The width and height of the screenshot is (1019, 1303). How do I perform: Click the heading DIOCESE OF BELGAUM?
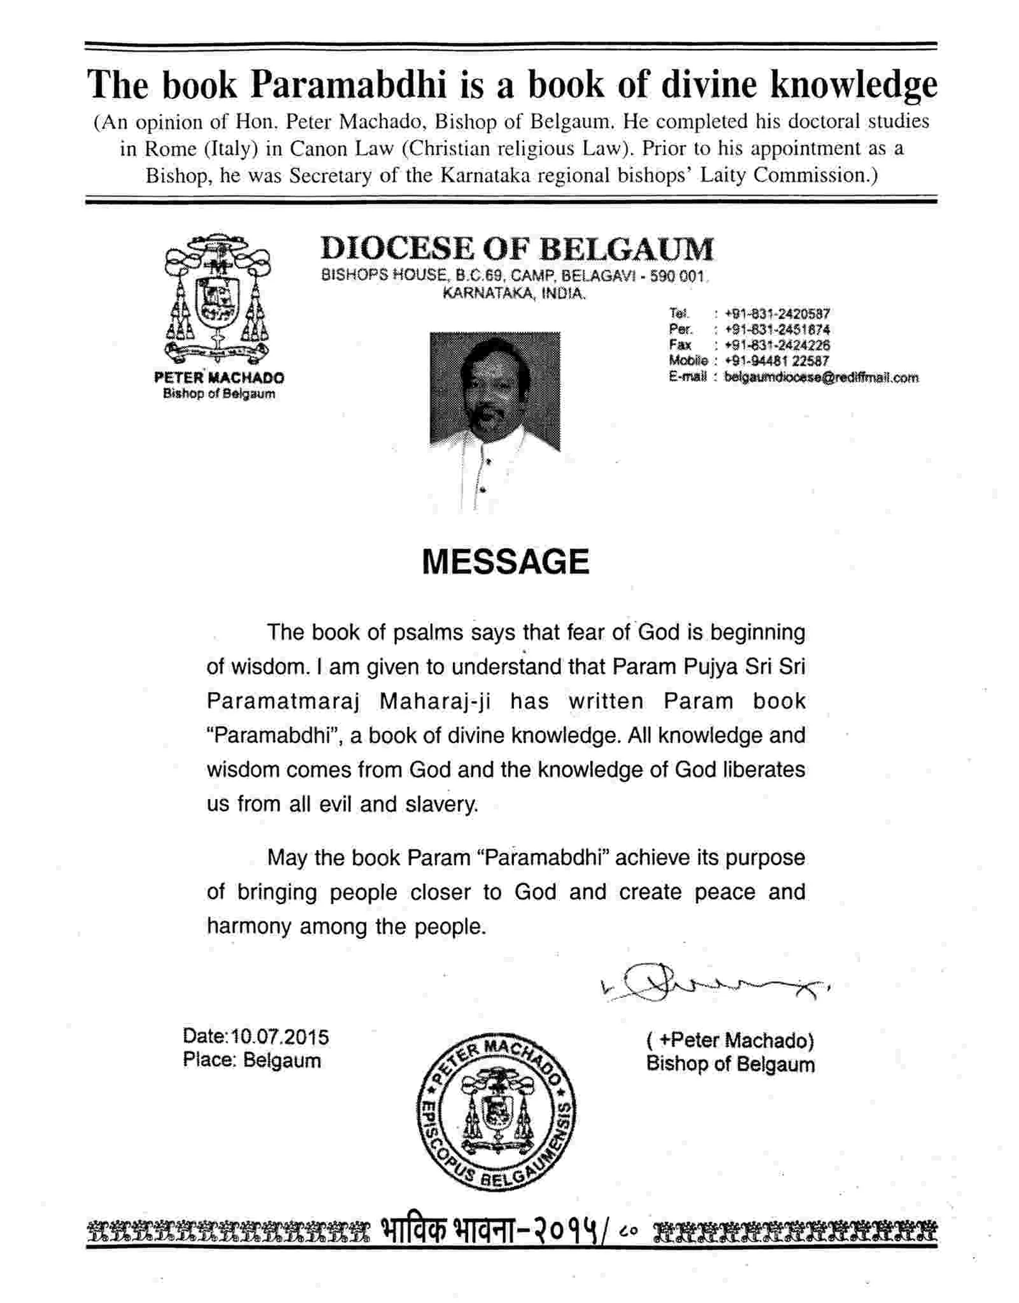click(x=517, y=248)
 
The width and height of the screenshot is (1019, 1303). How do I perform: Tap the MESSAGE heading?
click(x=506, y=562)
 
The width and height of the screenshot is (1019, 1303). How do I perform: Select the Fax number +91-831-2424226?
click(x=776, y=345)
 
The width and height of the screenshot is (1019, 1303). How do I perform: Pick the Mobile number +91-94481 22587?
click(x=776, y=361)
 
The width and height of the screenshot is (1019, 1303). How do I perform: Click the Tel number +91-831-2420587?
click(x=776, y=313)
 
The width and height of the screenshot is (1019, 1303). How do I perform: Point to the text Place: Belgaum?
click(x=252, y=1060)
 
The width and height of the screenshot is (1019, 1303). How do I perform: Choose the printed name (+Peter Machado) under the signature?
click(x=730, y=1040)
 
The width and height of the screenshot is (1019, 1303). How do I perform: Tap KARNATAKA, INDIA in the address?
click(x=513, y=294)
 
